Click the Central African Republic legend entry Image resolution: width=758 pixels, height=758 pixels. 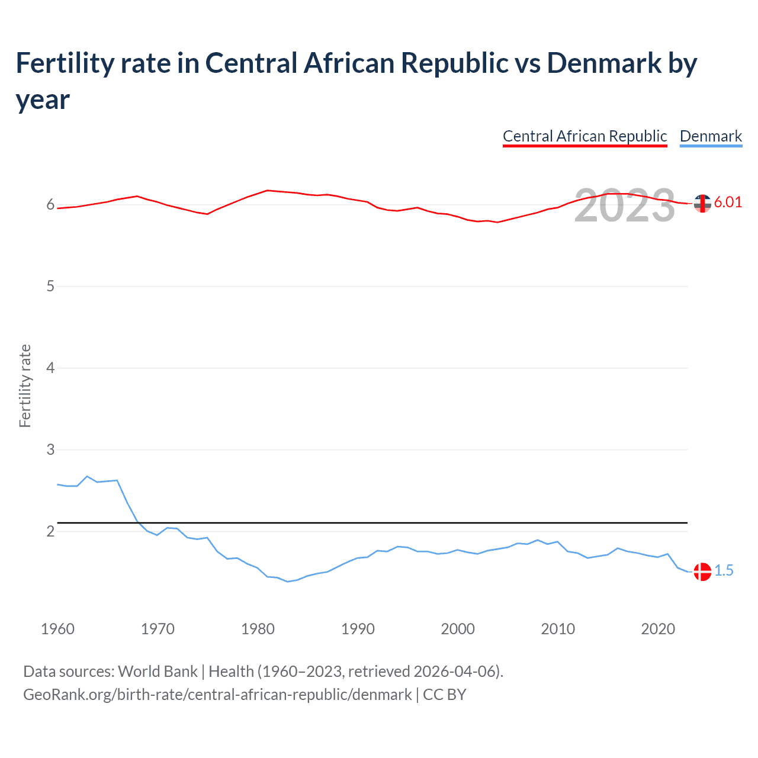tap(584, 136)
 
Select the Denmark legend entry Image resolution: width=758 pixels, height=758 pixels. tap(711, 136)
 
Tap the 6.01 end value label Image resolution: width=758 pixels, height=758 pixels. tap(728, 202)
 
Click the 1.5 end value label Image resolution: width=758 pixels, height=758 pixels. tap(724, 570)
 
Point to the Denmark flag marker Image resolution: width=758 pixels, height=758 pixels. tap(702, 571)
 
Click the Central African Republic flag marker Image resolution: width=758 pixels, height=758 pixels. tap(702, 203)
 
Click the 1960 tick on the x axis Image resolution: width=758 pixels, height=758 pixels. tap(57, 629)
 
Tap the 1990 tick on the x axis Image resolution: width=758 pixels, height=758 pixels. tap(358, 629)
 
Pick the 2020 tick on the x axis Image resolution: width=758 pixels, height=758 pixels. tap(658, 629)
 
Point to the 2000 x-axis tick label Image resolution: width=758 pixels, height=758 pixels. tap(458, 629)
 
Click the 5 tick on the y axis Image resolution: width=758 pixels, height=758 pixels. tap(50, 287)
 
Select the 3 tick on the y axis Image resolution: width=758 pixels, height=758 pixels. tap(50, 449)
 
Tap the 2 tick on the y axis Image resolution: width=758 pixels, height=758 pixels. tap(50, 531)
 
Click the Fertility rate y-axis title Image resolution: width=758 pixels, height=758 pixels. tap(25, 386)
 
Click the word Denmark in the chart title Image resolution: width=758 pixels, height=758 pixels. tap(604, 63)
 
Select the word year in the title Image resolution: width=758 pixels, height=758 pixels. tap(43, 99)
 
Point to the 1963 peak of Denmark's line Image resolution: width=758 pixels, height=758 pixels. tap(87, 476)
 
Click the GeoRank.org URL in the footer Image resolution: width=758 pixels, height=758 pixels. tap(217, 694)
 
